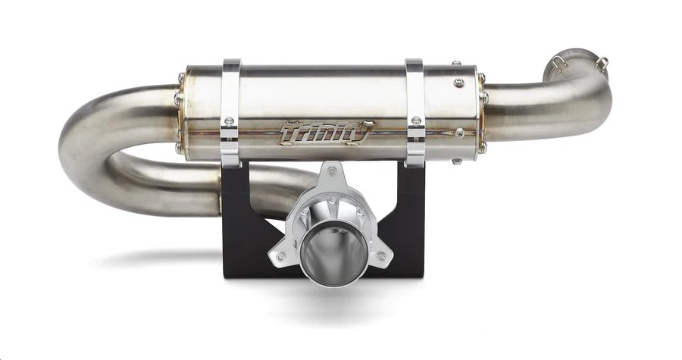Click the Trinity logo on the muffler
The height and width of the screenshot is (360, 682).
pos(327,133)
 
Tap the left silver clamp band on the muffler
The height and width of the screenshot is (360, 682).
pos(231,114)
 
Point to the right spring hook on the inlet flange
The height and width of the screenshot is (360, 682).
pos(602,63)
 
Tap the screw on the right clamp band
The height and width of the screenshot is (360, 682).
pos(415,119)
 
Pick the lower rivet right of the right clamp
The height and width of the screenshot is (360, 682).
pos(459,133)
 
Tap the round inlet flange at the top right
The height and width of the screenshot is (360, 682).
pos(577,61)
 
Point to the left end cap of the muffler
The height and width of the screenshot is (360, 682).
pos(182,114)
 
